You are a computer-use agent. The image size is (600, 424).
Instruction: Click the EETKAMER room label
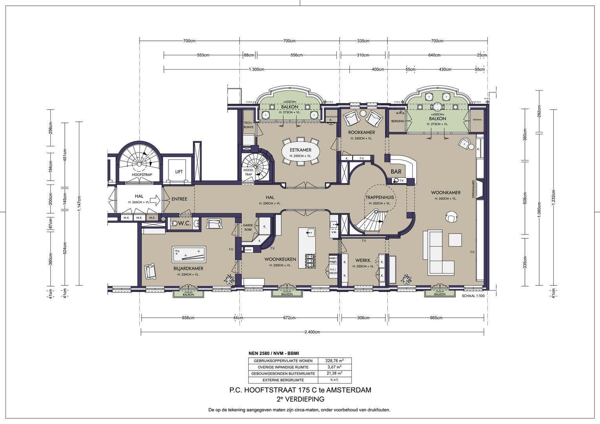[x=300, y=150]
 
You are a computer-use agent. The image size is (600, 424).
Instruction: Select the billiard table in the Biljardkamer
[x=189, y=254]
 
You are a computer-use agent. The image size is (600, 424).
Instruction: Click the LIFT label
[x=179, y=172]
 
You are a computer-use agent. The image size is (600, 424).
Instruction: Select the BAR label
[x=396, y=172]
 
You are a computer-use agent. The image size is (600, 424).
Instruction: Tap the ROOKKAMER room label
[x=361, y=132]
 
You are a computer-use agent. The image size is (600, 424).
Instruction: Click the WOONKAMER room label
[x=446, y=193]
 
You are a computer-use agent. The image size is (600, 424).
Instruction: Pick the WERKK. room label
[x=363, y=260]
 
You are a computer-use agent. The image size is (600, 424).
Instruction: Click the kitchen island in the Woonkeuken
[x=307, y=248]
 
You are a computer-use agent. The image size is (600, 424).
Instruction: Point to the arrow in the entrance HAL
[x=156, y=200]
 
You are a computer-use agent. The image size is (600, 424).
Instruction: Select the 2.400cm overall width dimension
[x=312, y=332]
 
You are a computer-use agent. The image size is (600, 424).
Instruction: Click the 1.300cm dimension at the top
[x=256, y=69]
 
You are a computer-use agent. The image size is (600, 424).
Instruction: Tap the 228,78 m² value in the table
[x=335, y=361]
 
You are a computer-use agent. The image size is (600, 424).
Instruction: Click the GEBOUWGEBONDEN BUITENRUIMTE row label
[x=283, y=374]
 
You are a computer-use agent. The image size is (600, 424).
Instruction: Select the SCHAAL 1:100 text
[x=473, y=296]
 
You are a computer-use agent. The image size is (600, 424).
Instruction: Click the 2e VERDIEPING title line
[x=300, y=399]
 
